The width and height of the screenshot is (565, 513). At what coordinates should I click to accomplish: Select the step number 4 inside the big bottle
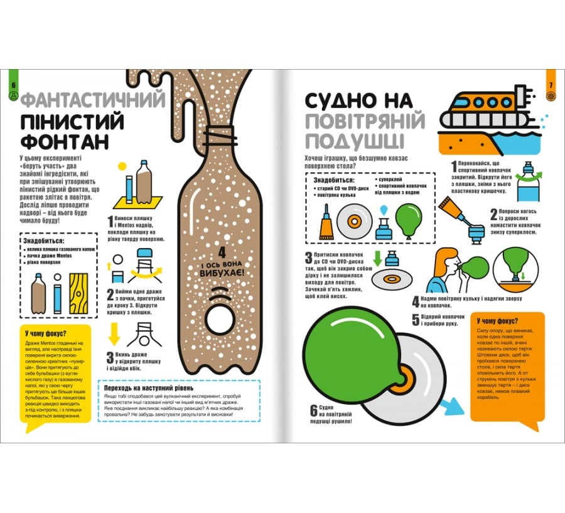tap(222, 252)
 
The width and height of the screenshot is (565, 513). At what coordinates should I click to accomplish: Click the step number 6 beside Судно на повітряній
tap(314, 411)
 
